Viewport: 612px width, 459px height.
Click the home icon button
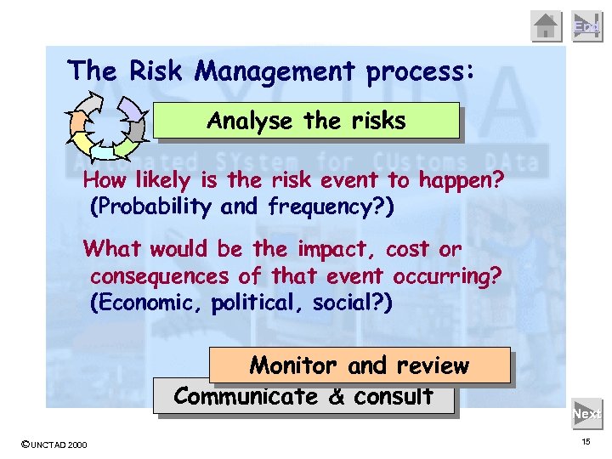click(x=547, y=26)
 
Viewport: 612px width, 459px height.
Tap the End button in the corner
click(x=586, y=26)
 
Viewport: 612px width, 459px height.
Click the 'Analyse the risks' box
click(x=306, y=121)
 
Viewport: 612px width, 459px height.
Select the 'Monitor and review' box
click(x=359, y=365)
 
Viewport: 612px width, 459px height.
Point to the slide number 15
click(x=586, y=443)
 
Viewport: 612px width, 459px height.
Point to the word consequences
click(x=159, y=277)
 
